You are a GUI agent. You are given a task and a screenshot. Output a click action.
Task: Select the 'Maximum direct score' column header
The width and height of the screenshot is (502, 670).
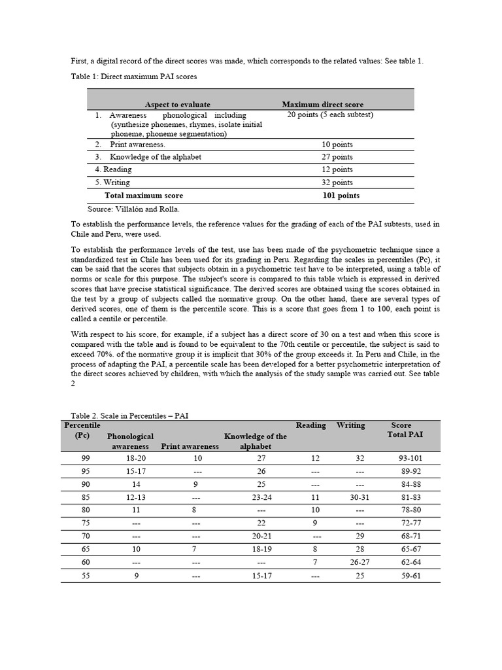(x=322, y=105)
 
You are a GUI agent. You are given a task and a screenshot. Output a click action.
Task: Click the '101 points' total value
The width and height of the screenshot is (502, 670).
(x=341, y=196)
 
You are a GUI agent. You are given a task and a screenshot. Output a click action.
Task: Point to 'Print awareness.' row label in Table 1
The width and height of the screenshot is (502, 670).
(x=137, y=144)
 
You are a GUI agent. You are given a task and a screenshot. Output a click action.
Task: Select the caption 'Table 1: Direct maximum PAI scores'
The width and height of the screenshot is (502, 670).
(x=134, y=77)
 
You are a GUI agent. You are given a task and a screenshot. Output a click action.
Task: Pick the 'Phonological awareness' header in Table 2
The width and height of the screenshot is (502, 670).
(x=130, y=441)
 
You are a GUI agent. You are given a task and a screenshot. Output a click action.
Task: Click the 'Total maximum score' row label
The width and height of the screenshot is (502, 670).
(x=144, y=196)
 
